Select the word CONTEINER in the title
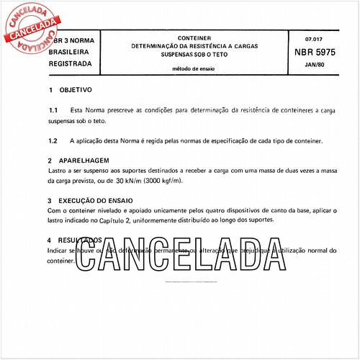[194, 37]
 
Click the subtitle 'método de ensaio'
[193, 69]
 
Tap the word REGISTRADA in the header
[70, 63]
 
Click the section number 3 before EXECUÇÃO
[50, 202]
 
